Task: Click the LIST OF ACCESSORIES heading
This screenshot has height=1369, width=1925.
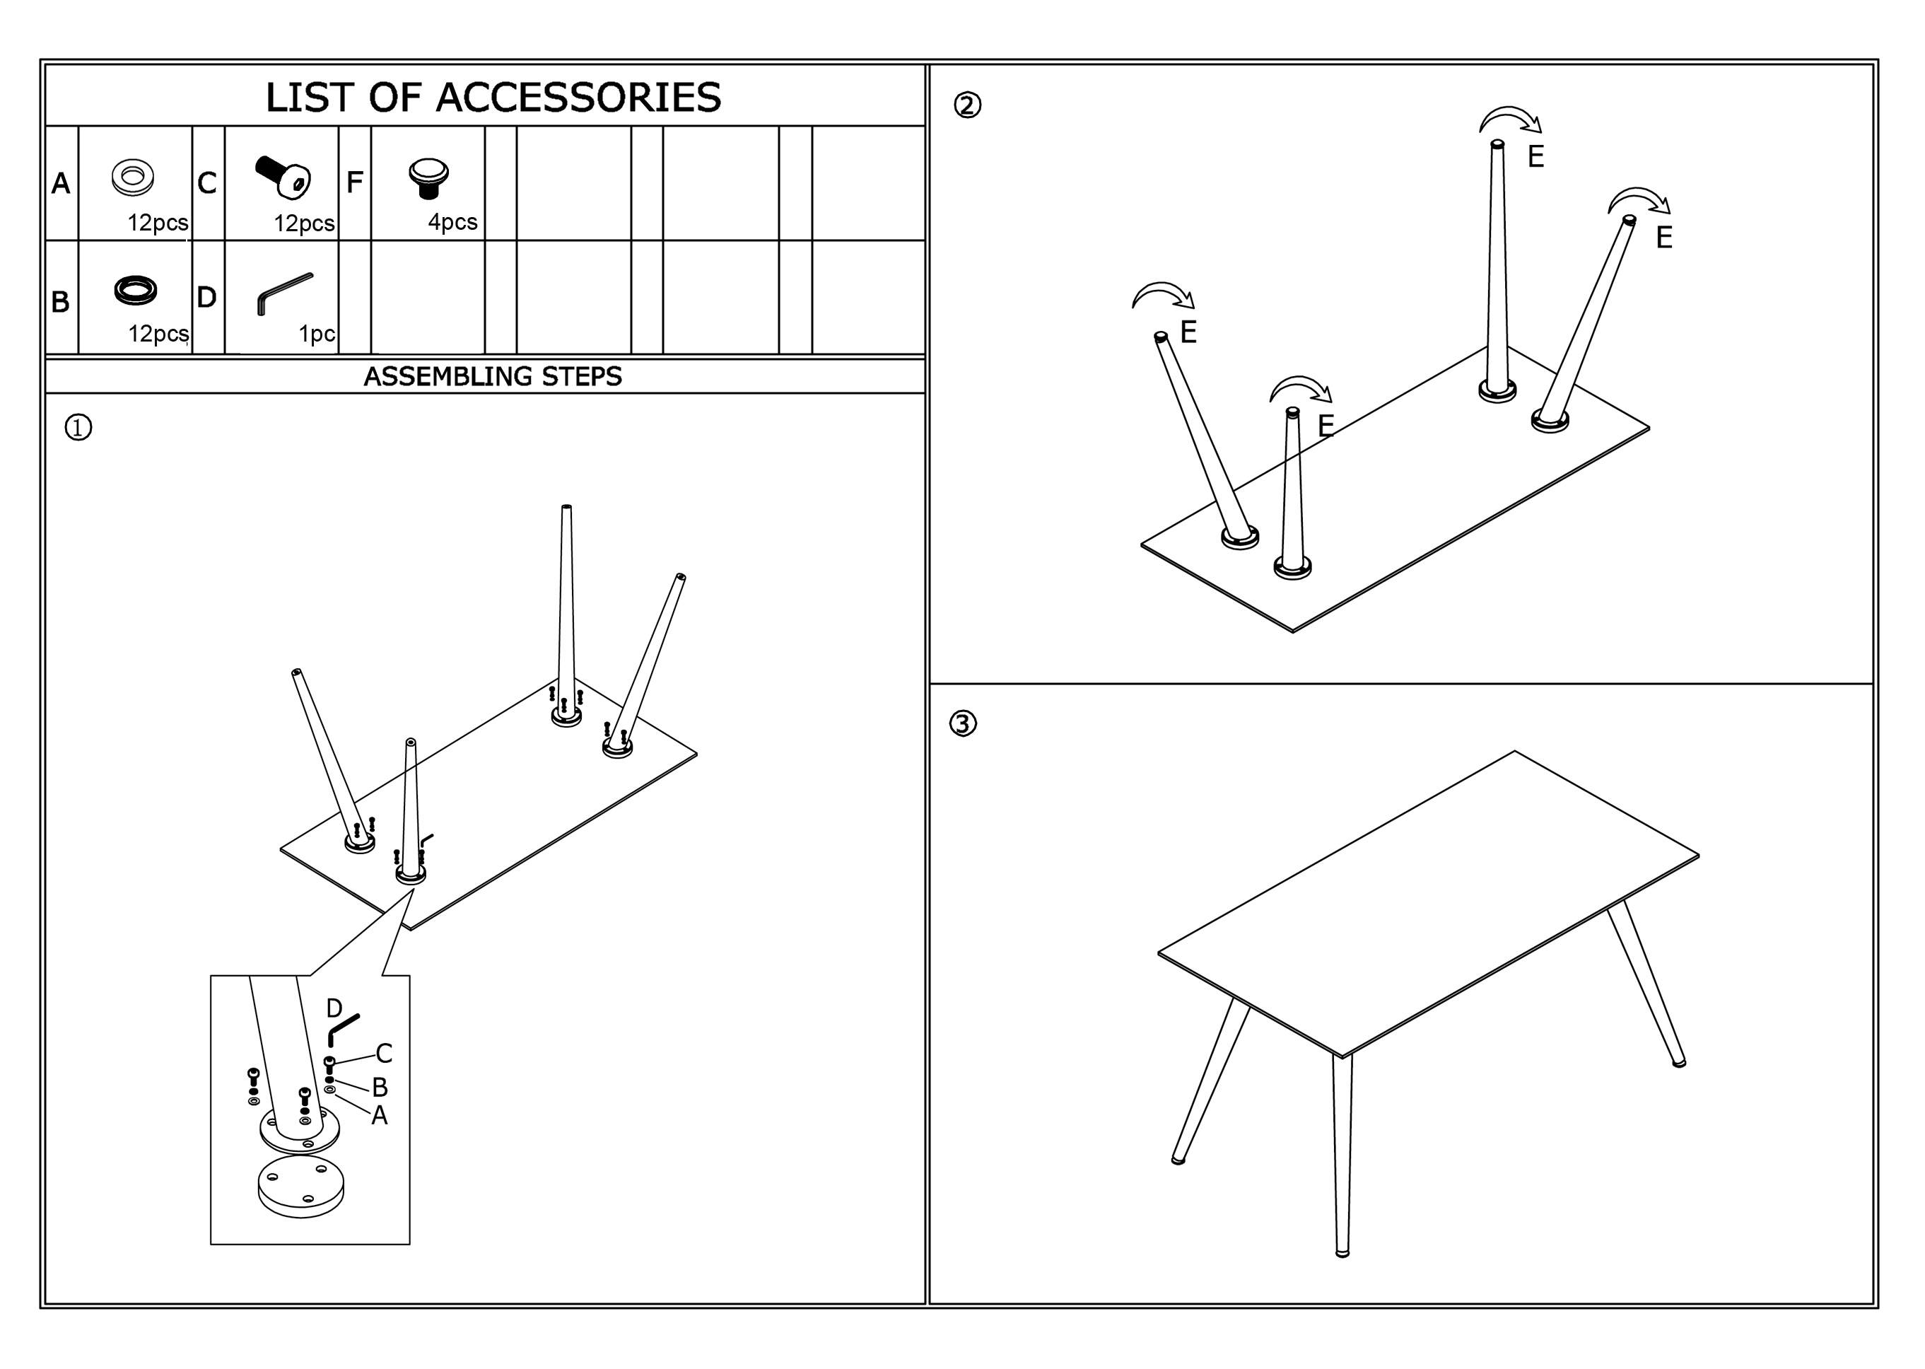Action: click(x=493, y=97)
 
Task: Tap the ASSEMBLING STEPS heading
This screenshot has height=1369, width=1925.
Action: click(x=492, y=376)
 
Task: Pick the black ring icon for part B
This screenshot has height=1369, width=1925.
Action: click(x=135, y=290)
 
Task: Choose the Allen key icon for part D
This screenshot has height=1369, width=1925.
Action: click(x=284, y=293)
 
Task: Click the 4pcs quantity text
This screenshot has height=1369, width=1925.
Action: click(x=452, y=222)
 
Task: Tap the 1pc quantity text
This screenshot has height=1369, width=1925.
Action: click(x=317, y=334)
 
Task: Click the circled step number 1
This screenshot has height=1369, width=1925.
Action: click(x=78, y=429)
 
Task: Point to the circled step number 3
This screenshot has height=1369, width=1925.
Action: click(x=963, y=723)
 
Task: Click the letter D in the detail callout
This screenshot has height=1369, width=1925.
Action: click(x=334, y=1008)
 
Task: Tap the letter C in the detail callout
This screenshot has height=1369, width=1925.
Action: click(x=383, y=1053)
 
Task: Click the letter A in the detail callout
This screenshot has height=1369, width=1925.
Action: click(x=379, y=1115)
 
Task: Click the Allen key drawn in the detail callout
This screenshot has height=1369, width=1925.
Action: click(x=343, y=1028)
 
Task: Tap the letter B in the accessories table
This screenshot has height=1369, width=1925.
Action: click(x=60, y=302)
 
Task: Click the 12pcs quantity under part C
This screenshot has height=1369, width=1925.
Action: click(x=303, y=223)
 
